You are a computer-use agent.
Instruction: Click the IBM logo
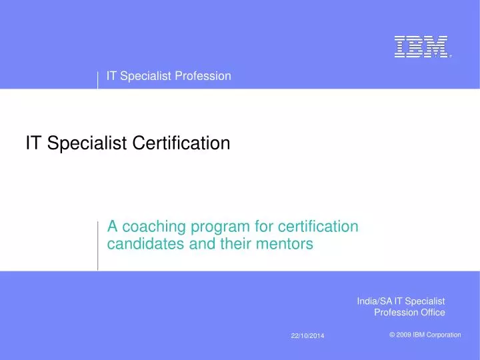point(421,46)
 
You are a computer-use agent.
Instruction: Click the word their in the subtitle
point(237,245)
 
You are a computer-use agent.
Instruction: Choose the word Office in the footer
point(431,312)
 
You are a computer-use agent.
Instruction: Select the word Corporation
point(443,335)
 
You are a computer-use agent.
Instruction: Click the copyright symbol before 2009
point(392,335)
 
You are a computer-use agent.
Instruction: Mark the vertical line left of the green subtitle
point(98,245)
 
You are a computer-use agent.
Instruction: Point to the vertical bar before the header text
point(98,79)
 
